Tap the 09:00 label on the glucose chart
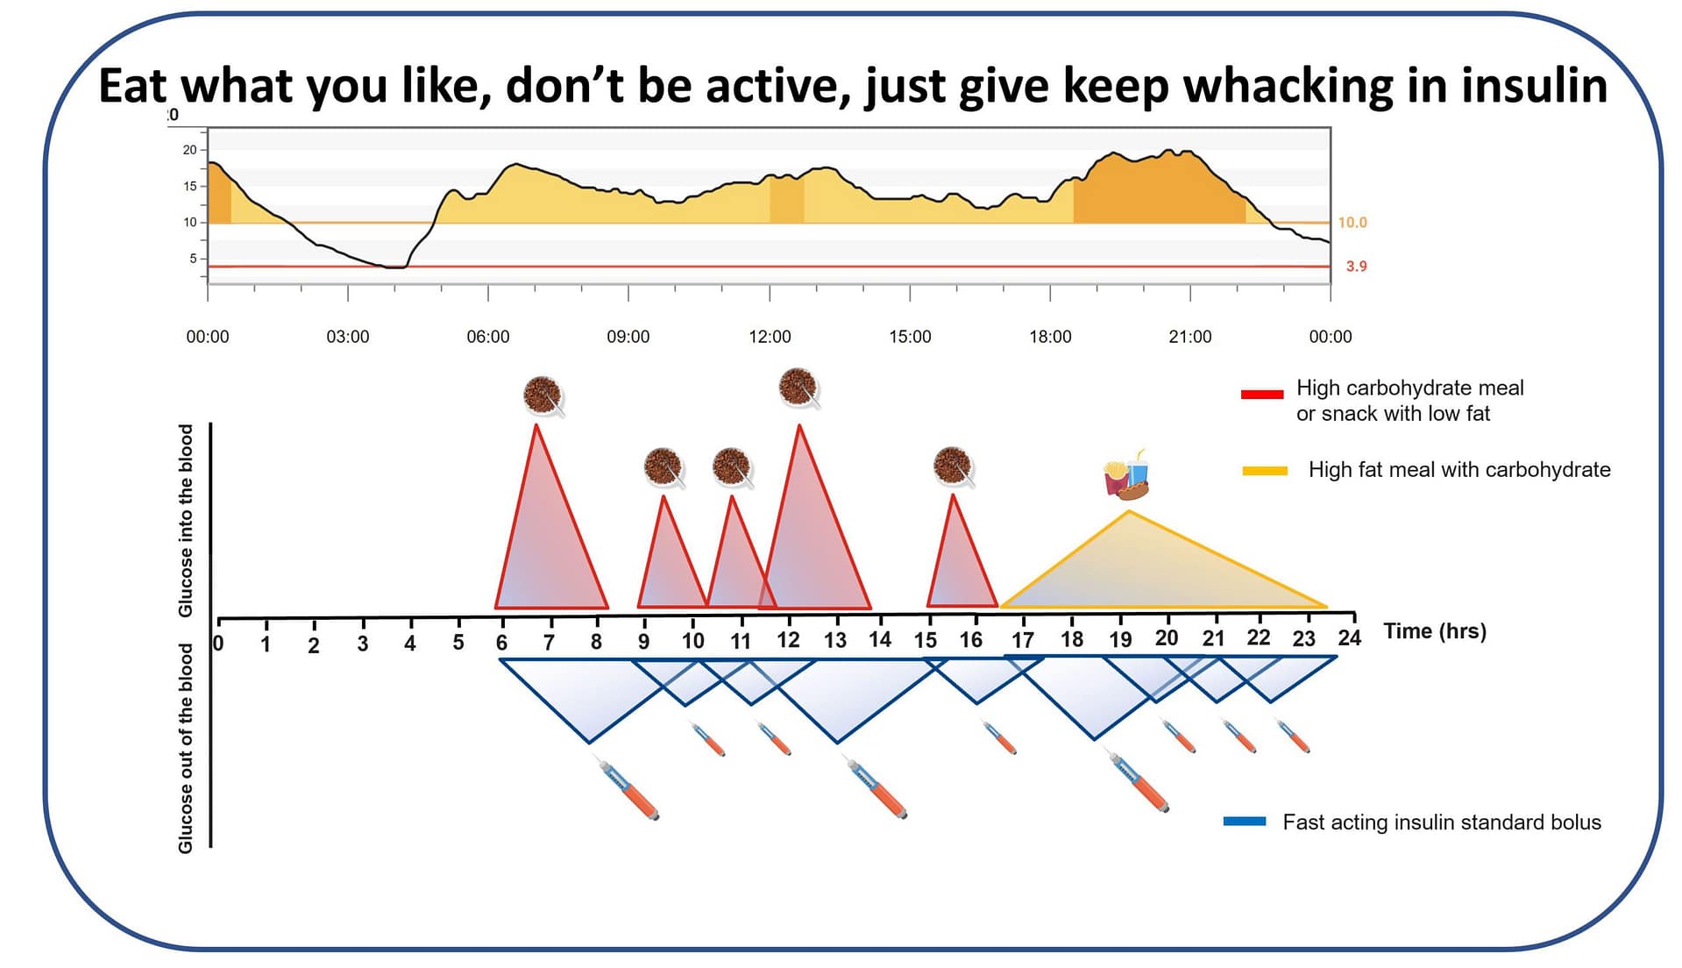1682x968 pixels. [x=628, y=337]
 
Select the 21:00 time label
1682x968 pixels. [x=1189, y=337]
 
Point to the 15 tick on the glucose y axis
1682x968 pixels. [x=190, y=186]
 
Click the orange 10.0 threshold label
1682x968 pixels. [x=1352, y=223]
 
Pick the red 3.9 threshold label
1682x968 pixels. [x=1356, y=267]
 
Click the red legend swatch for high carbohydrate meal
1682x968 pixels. [x=1262, y=395]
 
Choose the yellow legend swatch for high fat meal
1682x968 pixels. [x=1265, y=471]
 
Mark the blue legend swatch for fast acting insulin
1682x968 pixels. [x=1245, y=822]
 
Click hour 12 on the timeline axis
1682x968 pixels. [x=788, y=640]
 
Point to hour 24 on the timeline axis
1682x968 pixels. [x=1349, y=637]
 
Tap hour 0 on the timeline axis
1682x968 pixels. [x=218, y=644]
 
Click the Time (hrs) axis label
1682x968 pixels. [x=1435, y=631]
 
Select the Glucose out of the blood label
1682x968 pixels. [x=186, y=748]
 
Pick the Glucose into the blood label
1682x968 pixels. [x=186, y=520]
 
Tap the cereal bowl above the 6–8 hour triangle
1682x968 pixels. [x=543, y=395]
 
